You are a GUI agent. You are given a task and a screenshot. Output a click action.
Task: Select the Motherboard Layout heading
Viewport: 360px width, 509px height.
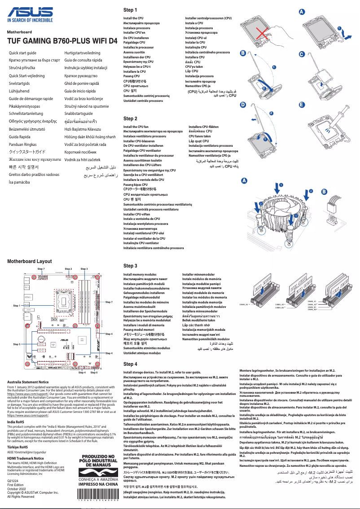pos(30,261)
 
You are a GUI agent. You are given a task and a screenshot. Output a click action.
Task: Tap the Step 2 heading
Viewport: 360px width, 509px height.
pos(130,118)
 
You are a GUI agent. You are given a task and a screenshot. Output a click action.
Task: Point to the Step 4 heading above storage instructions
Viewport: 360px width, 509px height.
pos(130,364)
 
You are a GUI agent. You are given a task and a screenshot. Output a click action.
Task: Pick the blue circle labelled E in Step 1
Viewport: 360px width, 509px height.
pos(302,105)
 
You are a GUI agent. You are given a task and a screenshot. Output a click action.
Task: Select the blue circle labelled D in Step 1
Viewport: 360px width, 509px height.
pos(243,105)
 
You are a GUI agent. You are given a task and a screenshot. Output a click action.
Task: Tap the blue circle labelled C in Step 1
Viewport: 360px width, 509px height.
pos(302,54)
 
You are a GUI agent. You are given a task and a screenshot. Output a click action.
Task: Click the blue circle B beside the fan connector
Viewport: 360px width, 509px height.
pos(324,191)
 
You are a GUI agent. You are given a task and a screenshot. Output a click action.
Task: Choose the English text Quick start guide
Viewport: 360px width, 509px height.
pos(23,53)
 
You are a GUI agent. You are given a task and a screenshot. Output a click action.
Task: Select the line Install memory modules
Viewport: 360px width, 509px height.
pos(140,274)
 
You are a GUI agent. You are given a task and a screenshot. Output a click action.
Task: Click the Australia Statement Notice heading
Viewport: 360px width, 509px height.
pos(28,382)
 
